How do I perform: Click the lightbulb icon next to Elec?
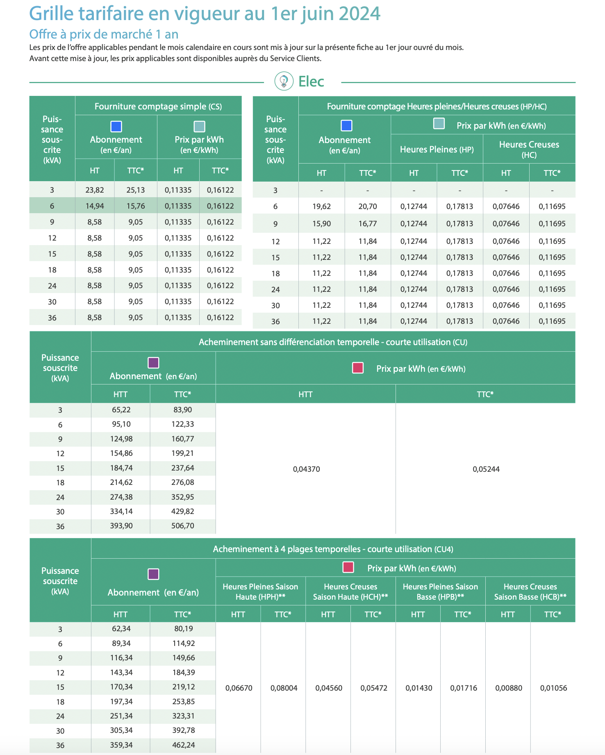pyautogui.click(x=284, y=81)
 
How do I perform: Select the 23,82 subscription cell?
pyautogui.click(x=95, y=190)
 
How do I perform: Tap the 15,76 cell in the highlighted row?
pyautogui.click(x=136, y=206)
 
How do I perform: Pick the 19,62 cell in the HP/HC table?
pyautogui.click(x=321, y=207)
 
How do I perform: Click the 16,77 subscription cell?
pyautogui.click(x=367, y=224)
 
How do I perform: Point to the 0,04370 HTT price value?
pyautogui.click(x=306, y=469)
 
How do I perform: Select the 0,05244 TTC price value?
pyautogui.click(x=486, y=469)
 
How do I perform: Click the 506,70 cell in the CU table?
pyautogui.click(x=183, y=526)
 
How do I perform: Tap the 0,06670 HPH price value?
pyautogui.click(x=239, y=688)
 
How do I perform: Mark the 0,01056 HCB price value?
pyautogui.click(x=553, y=688)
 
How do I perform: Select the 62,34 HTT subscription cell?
pyautogui.click(x=121, y=629)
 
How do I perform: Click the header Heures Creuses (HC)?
pyautogui.click(x=529, y=149)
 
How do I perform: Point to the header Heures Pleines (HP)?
pyautogui.click(x=437, y=150)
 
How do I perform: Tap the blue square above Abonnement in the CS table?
pyautogui.click(x=116, y=126)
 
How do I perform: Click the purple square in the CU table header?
pyautogui.click(x=153, y=363)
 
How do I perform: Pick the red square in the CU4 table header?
pyautogui.click(x=348, y=567)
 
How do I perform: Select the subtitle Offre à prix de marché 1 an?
pyautogui.click(x=104, y=34)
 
